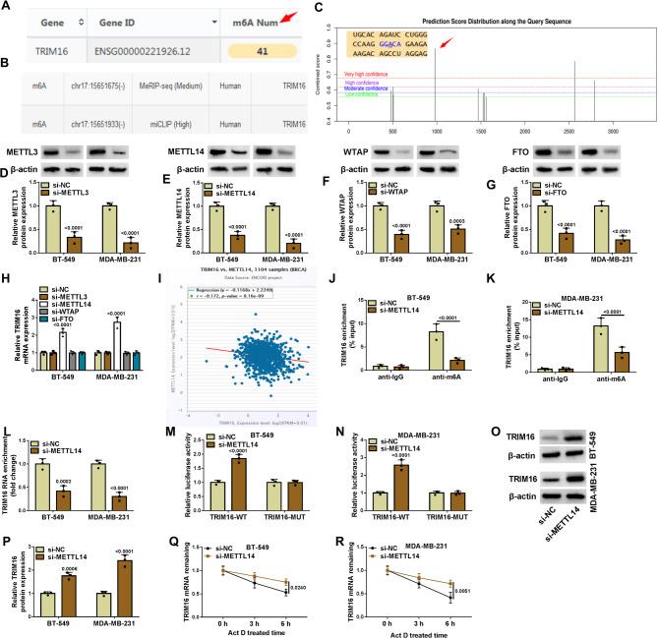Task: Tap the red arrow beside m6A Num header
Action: pos(282,12)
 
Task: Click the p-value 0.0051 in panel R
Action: pos(619,588)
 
